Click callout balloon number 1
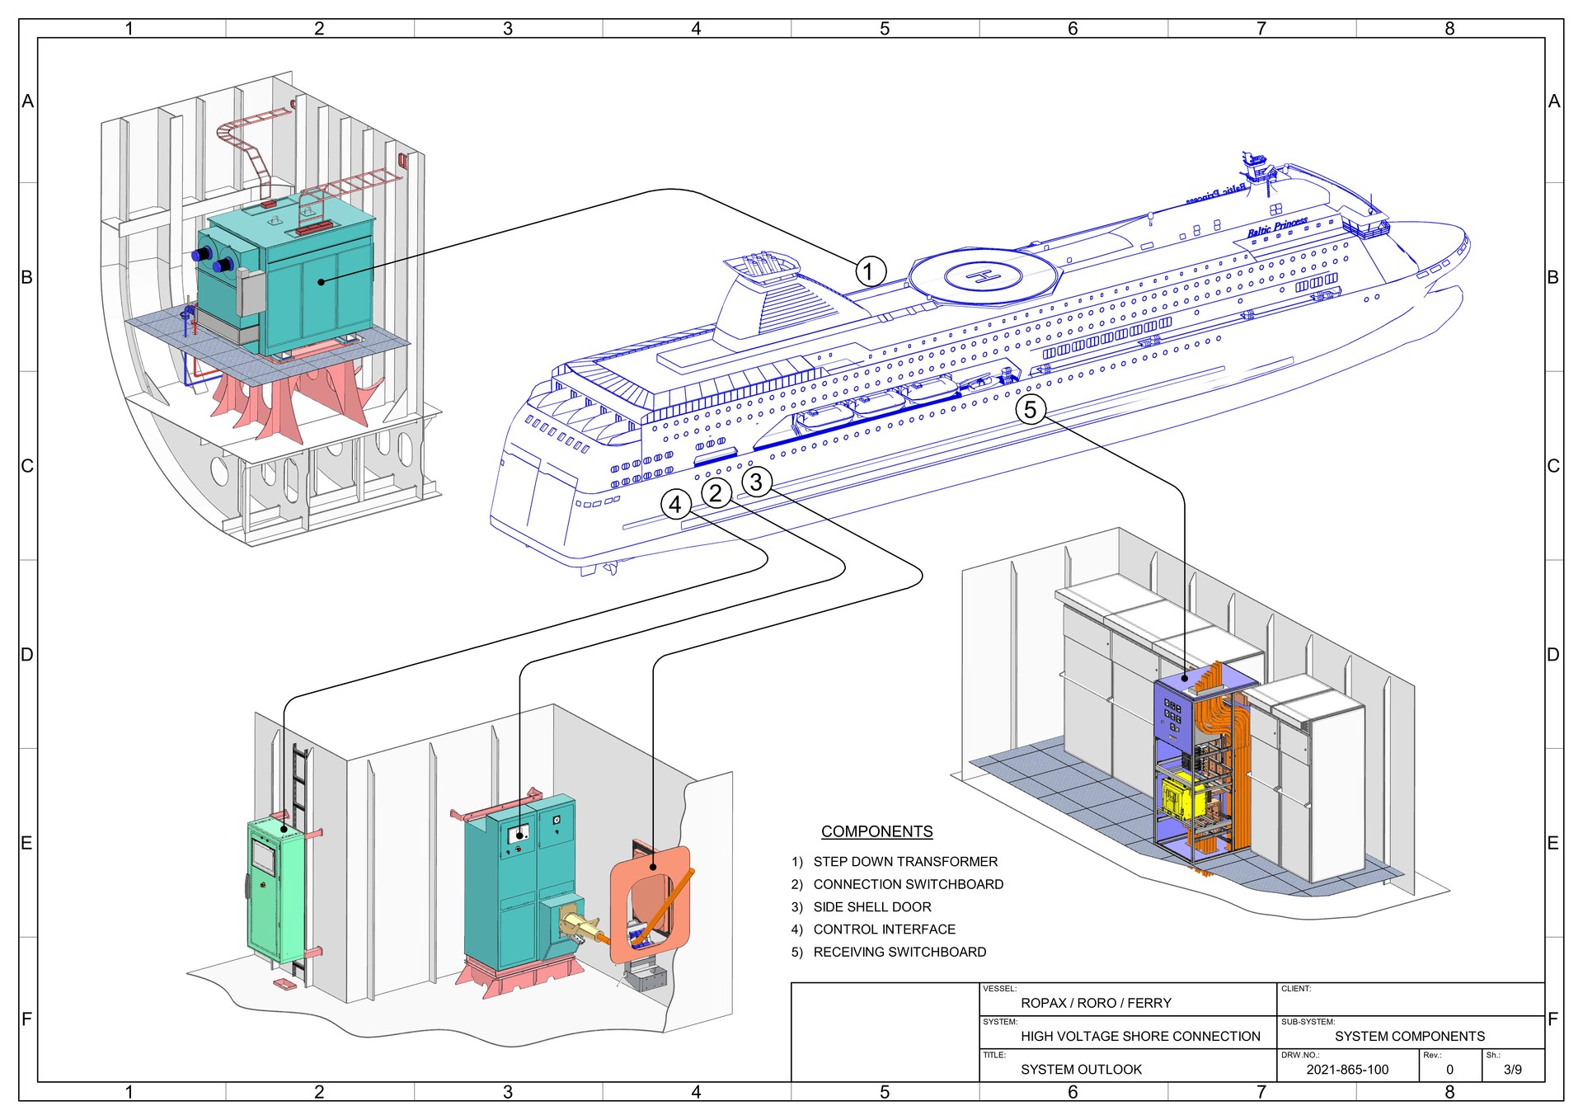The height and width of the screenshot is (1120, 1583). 870,271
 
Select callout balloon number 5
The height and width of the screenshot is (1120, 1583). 1031,409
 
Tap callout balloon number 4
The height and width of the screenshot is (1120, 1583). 676,504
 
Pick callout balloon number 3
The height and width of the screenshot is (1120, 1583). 756,482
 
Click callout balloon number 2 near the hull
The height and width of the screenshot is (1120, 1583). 716,493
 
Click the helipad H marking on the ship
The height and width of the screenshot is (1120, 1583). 984,276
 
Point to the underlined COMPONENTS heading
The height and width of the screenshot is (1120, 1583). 876,831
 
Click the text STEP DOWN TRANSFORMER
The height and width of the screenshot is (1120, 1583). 904,862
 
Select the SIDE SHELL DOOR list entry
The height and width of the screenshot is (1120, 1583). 871,907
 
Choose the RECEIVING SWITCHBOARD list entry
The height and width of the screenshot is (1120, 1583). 899,952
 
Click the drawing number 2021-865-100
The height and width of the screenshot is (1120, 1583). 1347,1070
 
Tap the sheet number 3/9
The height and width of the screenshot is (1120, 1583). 1512,1070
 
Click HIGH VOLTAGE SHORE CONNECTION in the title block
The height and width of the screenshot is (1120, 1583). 1140,1037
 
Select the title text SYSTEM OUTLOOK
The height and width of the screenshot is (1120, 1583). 1081,1070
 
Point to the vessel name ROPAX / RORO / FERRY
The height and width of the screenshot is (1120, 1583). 1096,1004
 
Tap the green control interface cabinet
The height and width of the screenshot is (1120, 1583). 275,891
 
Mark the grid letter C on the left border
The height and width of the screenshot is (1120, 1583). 27,466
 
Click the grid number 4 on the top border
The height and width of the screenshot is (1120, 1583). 696,29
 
